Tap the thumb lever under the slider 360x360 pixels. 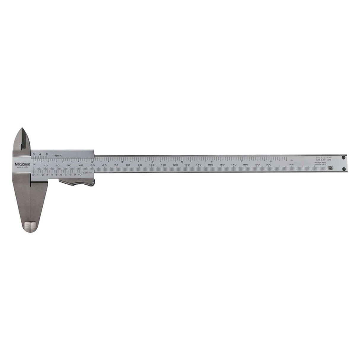79,185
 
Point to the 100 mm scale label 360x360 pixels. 152,165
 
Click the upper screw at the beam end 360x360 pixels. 343,157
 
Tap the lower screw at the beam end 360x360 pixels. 343,169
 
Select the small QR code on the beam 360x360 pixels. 330,168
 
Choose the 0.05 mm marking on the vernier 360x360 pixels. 86,172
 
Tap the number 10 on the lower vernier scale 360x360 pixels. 79,175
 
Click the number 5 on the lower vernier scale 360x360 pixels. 57,175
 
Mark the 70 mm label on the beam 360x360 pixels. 116,165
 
